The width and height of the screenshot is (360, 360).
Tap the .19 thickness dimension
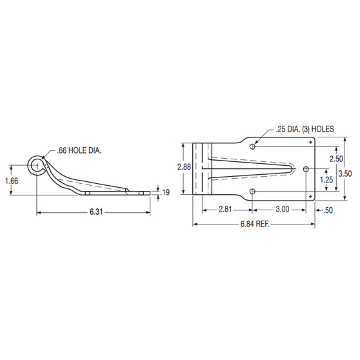(166, 192)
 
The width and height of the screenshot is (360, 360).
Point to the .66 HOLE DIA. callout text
(78, 150)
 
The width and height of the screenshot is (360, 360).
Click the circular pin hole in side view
(36, 166)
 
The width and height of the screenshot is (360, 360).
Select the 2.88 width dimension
(184, 166)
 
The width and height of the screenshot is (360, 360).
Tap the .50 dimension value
(328, 210)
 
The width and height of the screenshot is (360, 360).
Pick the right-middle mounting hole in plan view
(305, 170)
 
